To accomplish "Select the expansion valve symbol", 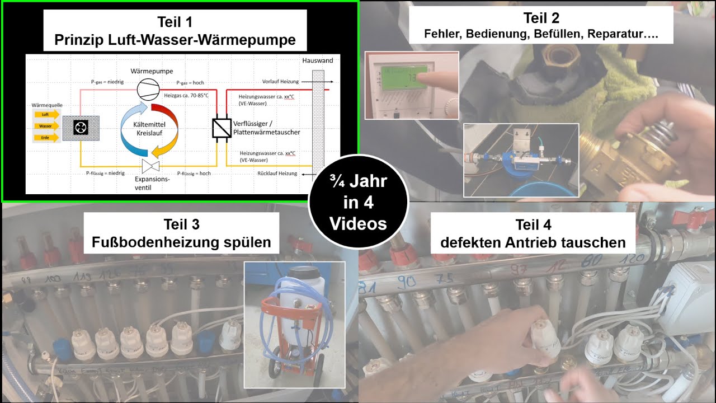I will pyautogui.click(x=150, y=166).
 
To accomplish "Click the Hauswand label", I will pyautogui.click(x=317, y=60).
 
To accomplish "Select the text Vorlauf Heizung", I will pyautogui.click(x=280, y=82).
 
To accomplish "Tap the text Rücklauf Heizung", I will pyautogui.click(x=278, y=174).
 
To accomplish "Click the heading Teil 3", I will pyautogui.click(x=181, y=224).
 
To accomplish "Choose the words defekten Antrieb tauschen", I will pyautogui.click(x=533, y=243).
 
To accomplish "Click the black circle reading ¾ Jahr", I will pyautogui.click(x=358, y=202).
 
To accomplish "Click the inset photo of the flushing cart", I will pyautogui.click(x=294, y=324).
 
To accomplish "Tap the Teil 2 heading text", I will pyautogui.click(x=541, y=18).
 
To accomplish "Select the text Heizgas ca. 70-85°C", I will pyautogui.click(x=186, y=96).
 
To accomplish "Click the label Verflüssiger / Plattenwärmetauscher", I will pyautogui.click(x=267, y=128).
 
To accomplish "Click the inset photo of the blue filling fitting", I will pyautogui.click(x=521, y=160).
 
